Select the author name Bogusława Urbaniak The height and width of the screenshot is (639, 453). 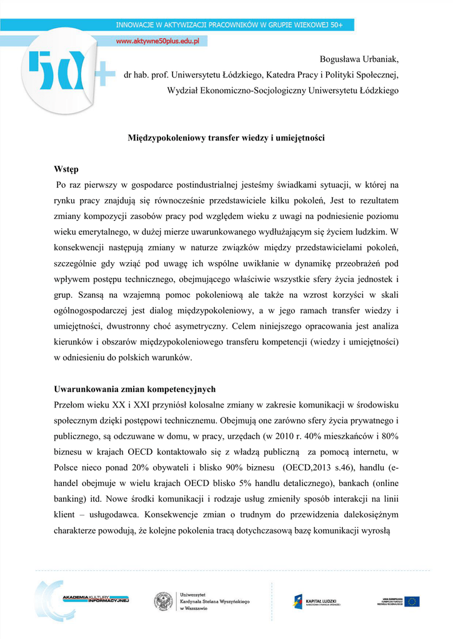pyautogui.click(x=359, y=59)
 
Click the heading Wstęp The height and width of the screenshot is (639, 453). pyautogui.click(x=66, y=169)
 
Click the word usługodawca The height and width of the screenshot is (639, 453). pyautogui.click(x=116, y=514)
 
